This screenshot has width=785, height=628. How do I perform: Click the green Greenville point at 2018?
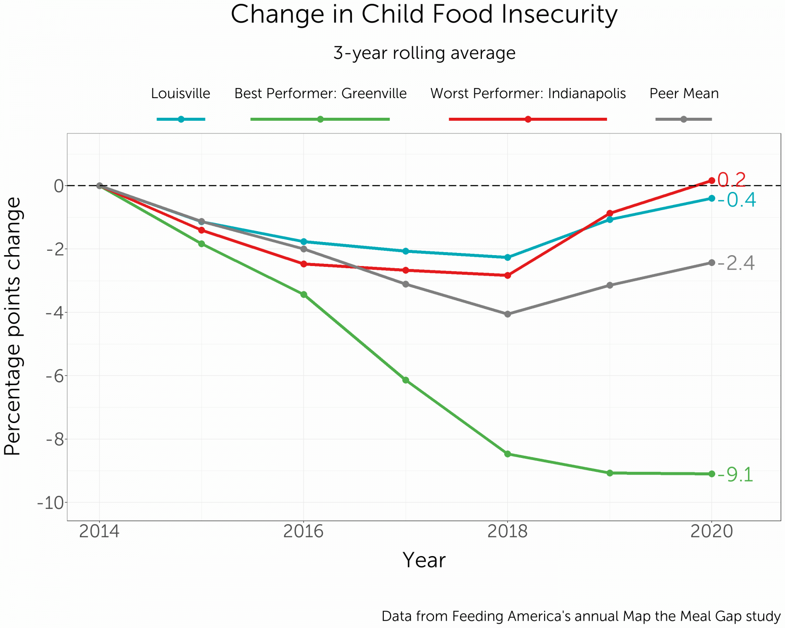(508, 454)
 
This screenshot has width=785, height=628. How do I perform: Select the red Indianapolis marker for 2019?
(610, 213)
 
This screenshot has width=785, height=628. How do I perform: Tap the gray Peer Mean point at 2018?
(508, 314)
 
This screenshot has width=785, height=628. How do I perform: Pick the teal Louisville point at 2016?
(304, 242)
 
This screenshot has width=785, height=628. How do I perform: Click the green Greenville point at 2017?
(406, 380)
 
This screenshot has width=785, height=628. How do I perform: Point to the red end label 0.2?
(732, 180)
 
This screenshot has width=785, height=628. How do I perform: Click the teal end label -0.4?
(737, 200)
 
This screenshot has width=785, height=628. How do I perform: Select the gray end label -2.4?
(736, 263)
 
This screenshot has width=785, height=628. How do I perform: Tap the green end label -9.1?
(735, 475)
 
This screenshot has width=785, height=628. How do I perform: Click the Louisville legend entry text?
(181, 93)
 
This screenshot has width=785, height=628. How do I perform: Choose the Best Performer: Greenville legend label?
(321, 93)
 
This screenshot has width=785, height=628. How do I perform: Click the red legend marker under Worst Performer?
(528, 119)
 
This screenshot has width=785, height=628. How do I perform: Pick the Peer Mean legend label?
(684, 93)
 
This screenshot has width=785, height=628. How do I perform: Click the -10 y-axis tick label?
(51, 503)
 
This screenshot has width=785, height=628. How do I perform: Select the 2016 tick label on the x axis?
(304, 532)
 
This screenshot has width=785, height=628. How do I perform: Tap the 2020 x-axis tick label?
(712, 532)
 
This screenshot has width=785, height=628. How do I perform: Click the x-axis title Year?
(424, 560)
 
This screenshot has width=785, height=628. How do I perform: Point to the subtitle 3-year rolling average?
(424, 53)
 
